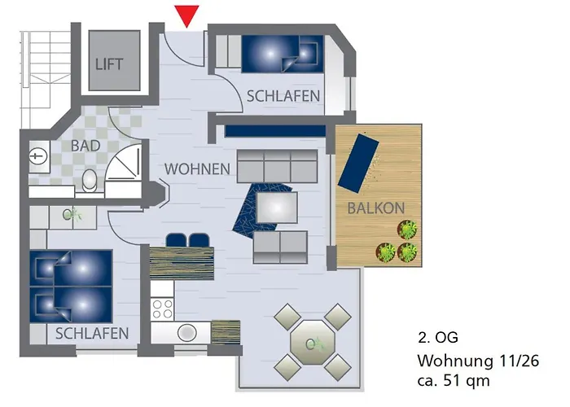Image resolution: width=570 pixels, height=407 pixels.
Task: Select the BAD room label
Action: tap(86, 147)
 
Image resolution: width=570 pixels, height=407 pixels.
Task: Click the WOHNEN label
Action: tap(197, 169)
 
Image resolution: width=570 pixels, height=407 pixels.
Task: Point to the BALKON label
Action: tap(375, 208)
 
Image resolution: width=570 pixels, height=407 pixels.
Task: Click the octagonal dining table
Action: tap(309, 342)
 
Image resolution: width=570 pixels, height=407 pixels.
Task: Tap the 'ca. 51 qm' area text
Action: tap(454, 379)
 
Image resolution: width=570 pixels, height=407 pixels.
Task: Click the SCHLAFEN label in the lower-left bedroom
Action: tap(92, 333)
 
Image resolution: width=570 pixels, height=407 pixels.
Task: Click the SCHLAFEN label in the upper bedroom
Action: tap(283, 96)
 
